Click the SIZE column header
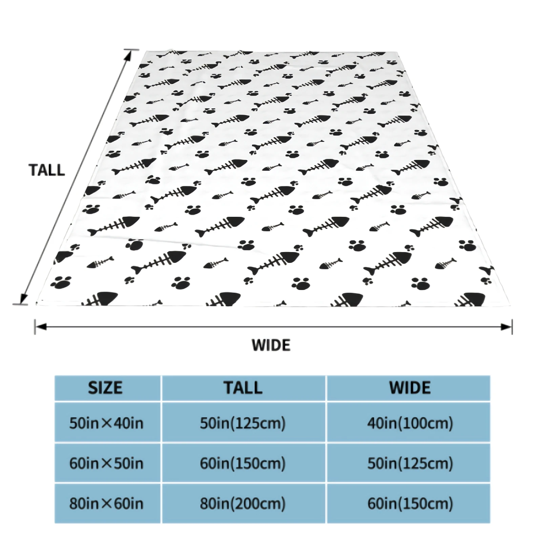click(105, 388)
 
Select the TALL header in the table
click(243, 388)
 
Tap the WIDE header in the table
click(410, 388)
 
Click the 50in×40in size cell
click(106, 423)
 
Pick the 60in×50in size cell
click(106, 463)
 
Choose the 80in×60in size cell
click(106, 504)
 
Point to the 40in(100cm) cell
click(410, 423)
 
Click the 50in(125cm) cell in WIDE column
click(410, 463)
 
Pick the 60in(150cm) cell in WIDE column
click(410, 504)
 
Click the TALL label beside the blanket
click(47, 170)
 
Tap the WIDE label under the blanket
click(271, 345)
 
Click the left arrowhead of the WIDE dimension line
click(40, 327)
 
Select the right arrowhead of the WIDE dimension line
click(506, 327)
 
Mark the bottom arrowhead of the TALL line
click(23, 299)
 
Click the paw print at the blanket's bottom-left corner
click(61, 282)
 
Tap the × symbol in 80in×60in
click(106, 504)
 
